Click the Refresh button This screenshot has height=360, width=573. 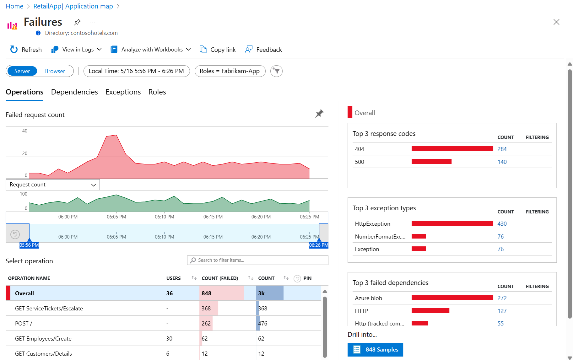(x=26, y=50)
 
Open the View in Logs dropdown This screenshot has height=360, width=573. (x=77, y=50)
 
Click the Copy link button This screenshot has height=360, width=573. (x=218, y=50)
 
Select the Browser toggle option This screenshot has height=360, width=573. (x=55, y=71)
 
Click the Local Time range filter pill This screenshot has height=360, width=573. (x=136, y=71)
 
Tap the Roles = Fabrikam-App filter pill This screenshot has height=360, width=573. (x=230, y=71)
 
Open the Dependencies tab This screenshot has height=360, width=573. (x=74, y=92)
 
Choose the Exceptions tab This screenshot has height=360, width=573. (x=123, y=92)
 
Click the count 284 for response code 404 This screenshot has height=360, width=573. (x=502, y=149)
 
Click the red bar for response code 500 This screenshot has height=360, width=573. (x=431, y=162)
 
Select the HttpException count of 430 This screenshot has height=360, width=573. (x=502, y=224)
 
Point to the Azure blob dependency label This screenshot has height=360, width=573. (x=368, y=298)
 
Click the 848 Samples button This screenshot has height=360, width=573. (x=375, y=350)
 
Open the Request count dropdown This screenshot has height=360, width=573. (x=53, y=185)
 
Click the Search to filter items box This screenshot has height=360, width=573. (x=257, y=260)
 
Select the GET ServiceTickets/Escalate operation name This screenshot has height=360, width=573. (x=49, y=309)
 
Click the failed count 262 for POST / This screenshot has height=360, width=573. (x=206, y=324)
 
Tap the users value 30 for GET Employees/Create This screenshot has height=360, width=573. (x=169, y=339)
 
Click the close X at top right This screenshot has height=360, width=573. (x=556, y=22)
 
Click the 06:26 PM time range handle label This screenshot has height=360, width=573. (x=319, y=245)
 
